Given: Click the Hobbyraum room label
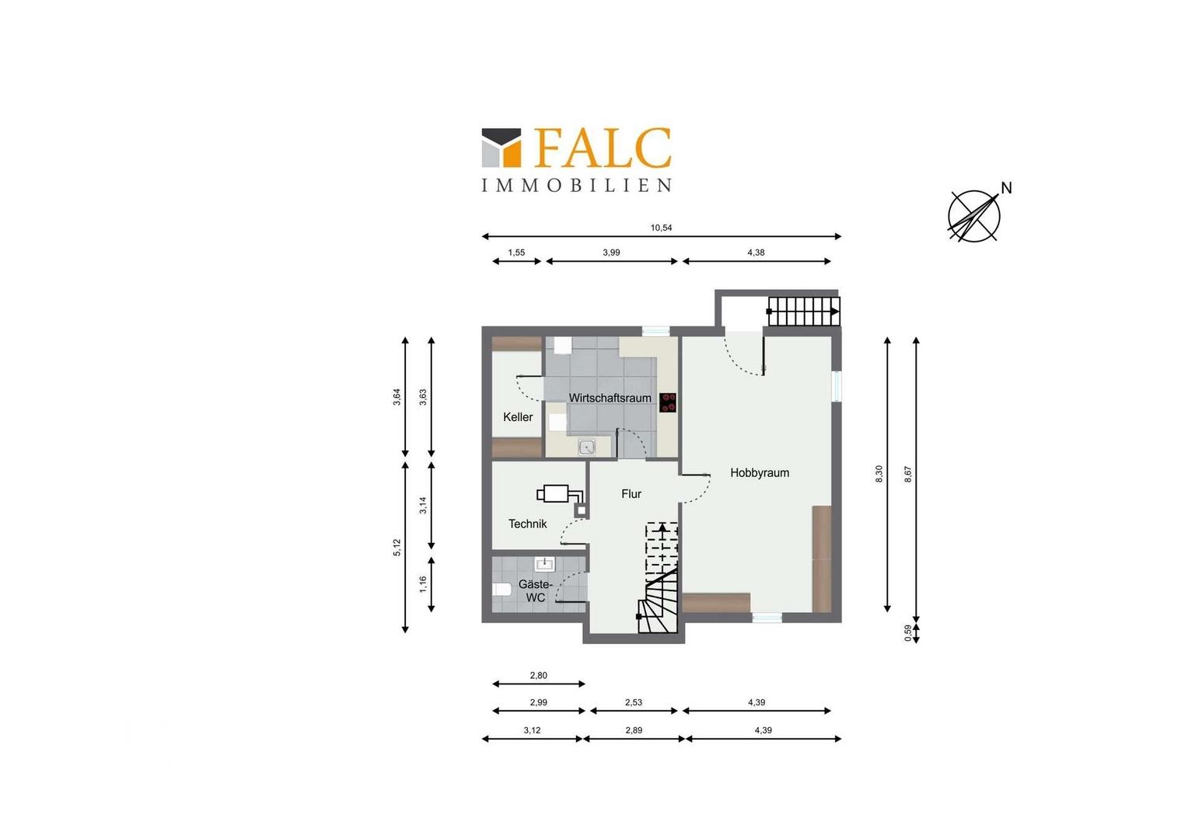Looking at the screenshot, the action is pos(760,473).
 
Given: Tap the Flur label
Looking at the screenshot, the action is pos(631,494).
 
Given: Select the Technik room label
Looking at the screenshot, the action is pos(527,524).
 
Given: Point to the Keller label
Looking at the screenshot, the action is pos(518,417).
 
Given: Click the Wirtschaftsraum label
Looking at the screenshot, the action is pos(610,398).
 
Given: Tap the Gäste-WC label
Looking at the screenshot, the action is pos(535,591).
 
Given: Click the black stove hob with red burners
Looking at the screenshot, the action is pos(668,402).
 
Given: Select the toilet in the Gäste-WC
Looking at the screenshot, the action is pos(501,590).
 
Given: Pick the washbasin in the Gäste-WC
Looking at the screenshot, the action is pos(544,564).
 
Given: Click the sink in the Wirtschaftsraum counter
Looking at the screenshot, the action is pos(586,447).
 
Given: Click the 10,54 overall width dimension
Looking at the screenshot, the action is pos(661,228).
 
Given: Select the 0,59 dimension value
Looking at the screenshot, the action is pos(907,633).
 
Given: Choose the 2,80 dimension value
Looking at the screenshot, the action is pos(538,675).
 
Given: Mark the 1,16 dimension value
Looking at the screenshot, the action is pos(423,585).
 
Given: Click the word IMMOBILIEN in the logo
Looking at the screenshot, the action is pos(576,185).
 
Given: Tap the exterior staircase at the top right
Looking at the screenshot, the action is pos(804,312).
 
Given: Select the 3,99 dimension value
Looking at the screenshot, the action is pos(611,252).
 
